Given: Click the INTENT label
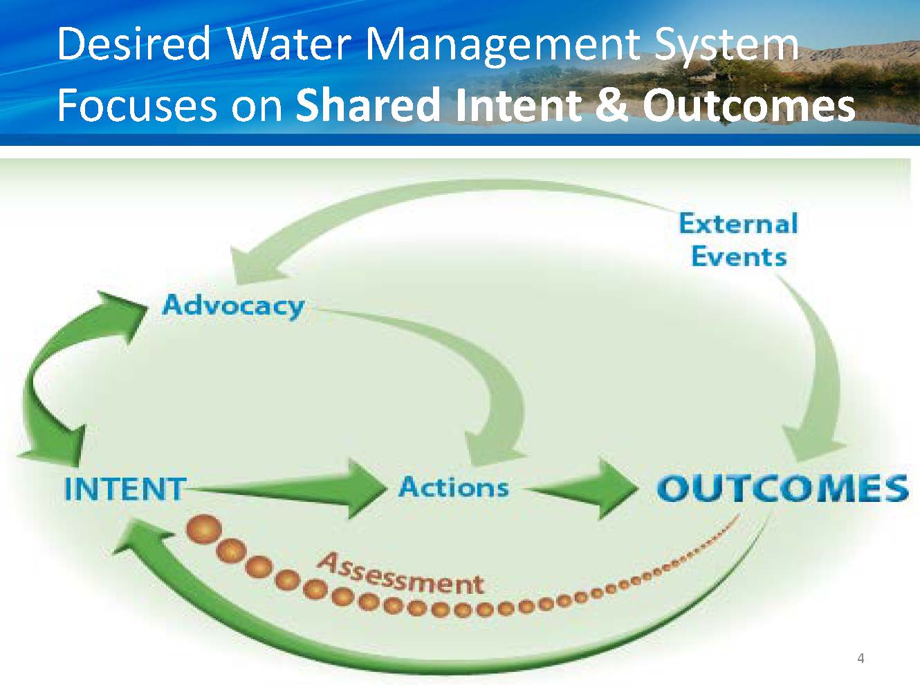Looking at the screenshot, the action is point(125,489).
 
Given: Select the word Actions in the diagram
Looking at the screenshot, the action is point(454,487).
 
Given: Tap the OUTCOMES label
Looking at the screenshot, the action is point(782,489).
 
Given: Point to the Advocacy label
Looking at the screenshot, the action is point(233,306).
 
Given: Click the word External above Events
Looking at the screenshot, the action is point(739,223).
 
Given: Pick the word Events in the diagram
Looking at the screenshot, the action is point(739,257).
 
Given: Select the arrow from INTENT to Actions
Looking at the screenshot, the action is point(285,489).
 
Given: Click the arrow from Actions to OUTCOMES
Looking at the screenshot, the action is point(582,489).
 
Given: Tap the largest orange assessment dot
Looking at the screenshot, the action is point(204,530).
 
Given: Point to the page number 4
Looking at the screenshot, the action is point(861,659).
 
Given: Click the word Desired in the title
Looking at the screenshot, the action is point(134,44).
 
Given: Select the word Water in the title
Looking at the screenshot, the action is point(289,44).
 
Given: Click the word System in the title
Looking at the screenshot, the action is point(726,46).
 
